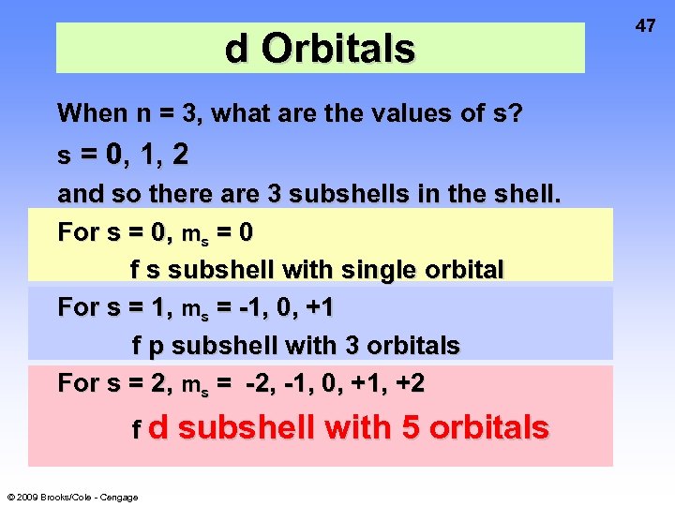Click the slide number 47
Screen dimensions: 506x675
coord(646,25)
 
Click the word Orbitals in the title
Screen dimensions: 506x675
coord(338,49)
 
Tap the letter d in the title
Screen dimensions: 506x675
coord(237,49)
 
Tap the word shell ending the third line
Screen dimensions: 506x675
coord(527,195)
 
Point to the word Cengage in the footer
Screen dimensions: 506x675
coord(119,497)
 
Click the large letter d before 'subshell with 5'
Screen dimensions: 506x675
coord(158,427)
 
